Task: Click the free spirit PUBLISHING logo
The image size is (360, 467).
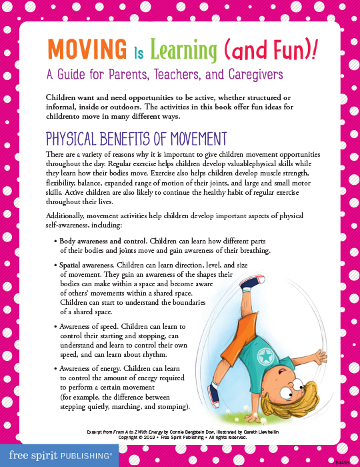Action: (x=56, y=455)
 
